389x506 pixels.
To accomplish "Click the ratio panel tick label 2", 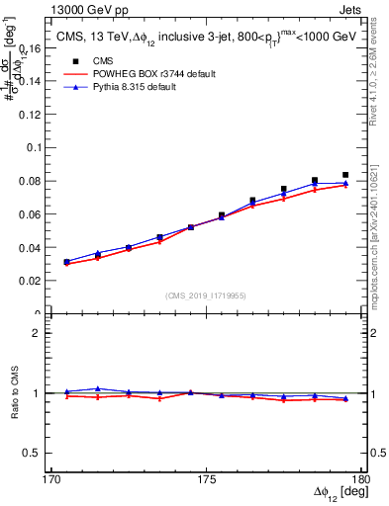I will coord(48,333).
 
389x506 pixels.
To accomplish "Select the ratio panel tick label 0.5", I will coord(44,453).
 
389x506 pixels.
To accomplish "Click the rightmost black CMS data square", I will coord(345,175).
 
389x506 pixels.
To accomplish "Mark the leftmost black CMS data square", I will coord(66,262).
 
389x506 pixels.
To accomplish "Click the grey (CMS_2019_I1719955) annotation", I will coord(206,295).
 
